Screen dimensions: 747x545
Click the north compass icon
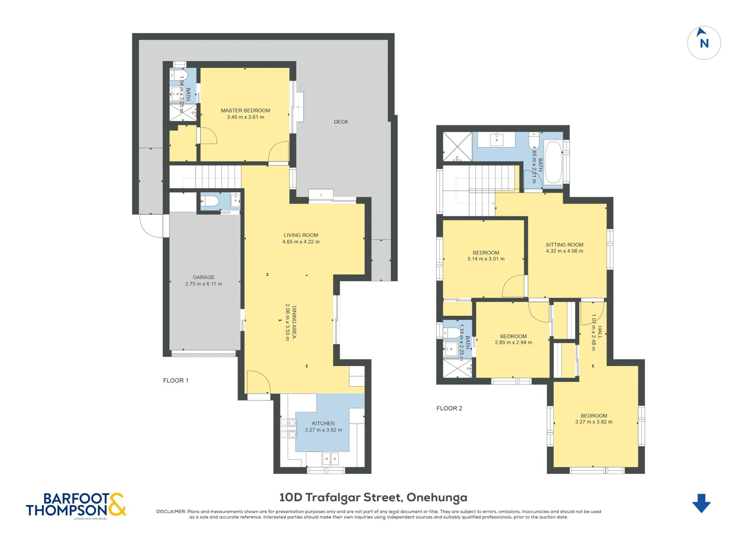point(704,43)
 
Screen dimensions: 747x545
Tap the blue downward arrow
point(701,503)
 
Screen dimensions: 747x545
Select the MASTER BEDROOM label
point(245,111)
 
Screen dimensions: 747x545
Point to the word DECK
point(341,122)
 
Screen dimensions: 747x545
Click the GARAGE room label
point(204,277)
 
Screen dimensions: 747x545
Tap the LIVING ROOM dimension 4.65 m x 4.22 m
point(301,242)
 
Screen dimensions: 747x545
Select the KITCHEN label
point(323,424)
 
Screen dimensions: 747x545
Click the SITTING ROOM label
point(564,245)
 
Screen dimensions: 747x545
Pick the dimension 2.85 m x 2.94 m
point(513,343)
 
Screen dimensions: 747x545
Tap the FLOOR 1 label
point(176,380)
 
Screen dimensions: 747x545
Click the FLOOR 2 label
point(449,408)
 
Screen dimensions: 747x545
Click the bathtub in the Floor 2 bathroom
point(553,162)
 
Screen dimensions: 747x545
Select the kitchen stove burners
point(288,428)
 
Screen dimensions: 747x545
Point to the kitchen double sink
point(330,459)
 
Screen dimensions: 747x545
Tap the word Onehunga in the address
point(437,498)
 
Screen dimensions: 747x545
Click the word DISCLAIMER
point(171,511)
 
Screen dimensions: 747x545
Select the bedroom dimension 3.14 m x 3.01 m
point(486,259)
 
